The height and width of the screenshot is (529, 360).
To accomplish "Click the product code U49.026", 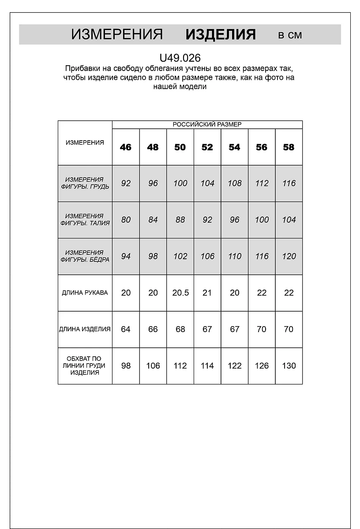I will (x=180, y=58).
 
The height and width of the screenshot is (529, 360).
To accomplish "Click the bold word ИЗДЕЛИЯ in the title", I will (x=220, y=35).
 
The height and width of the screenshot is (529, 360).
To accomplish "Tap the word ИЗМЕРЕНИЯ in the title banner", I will (x=117, y=35).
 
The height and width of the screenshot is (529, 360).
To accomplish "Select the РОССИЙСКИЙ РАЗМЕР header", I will (x=207, y=125).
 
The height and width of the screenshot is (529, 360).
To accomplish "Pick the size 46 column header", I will (x=126, y=147).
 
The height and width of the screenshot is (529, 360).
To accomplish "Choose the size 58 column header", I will (x=289, y=147).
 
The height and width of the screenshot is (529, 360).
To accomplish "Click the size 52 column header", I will (x=207, y=147).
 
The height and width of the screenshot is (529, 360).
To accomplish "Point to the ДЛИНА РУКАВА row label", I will (x=85, y=293).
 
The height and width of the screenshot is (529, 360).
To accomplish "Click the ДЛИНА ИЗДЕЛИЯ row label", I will (x=85, y=329).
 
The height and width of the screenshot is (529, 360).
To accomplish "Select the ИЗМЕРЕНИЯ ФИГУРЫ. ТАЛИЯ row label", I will (x=85, y=220).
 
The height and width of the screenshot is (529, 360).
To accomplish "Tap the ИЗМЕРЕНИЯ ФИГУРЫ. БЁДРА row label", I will (x=85, y=256).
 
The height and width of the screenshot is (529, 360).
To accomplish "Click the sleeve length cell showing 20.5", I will (x=180, y=293).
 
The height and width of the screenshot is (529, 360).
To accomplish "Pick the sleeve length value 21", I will (x=207, y=293).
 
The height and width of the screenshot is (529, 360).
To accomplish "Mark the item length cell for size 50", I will (x=180, y=329).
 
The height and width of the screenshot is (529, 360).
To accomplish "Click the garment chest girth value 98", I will (x=126, y=366).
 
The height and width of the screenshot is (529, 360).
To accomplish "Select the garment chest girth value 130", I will (x=289, y=366).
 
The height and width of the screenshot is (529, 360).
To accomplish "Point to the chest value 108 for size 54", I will (x=234, y=183).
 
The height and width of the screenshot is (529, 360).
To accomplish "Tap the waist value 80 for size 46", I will (x=126, y=220).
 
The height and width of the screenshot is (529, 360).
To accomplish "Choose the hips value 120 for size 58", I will (x=289, y=256).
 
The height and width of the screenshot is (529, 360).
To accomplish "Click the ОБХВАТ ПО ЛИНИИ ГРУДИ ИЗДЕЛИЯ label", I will (x=85, y=366).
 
